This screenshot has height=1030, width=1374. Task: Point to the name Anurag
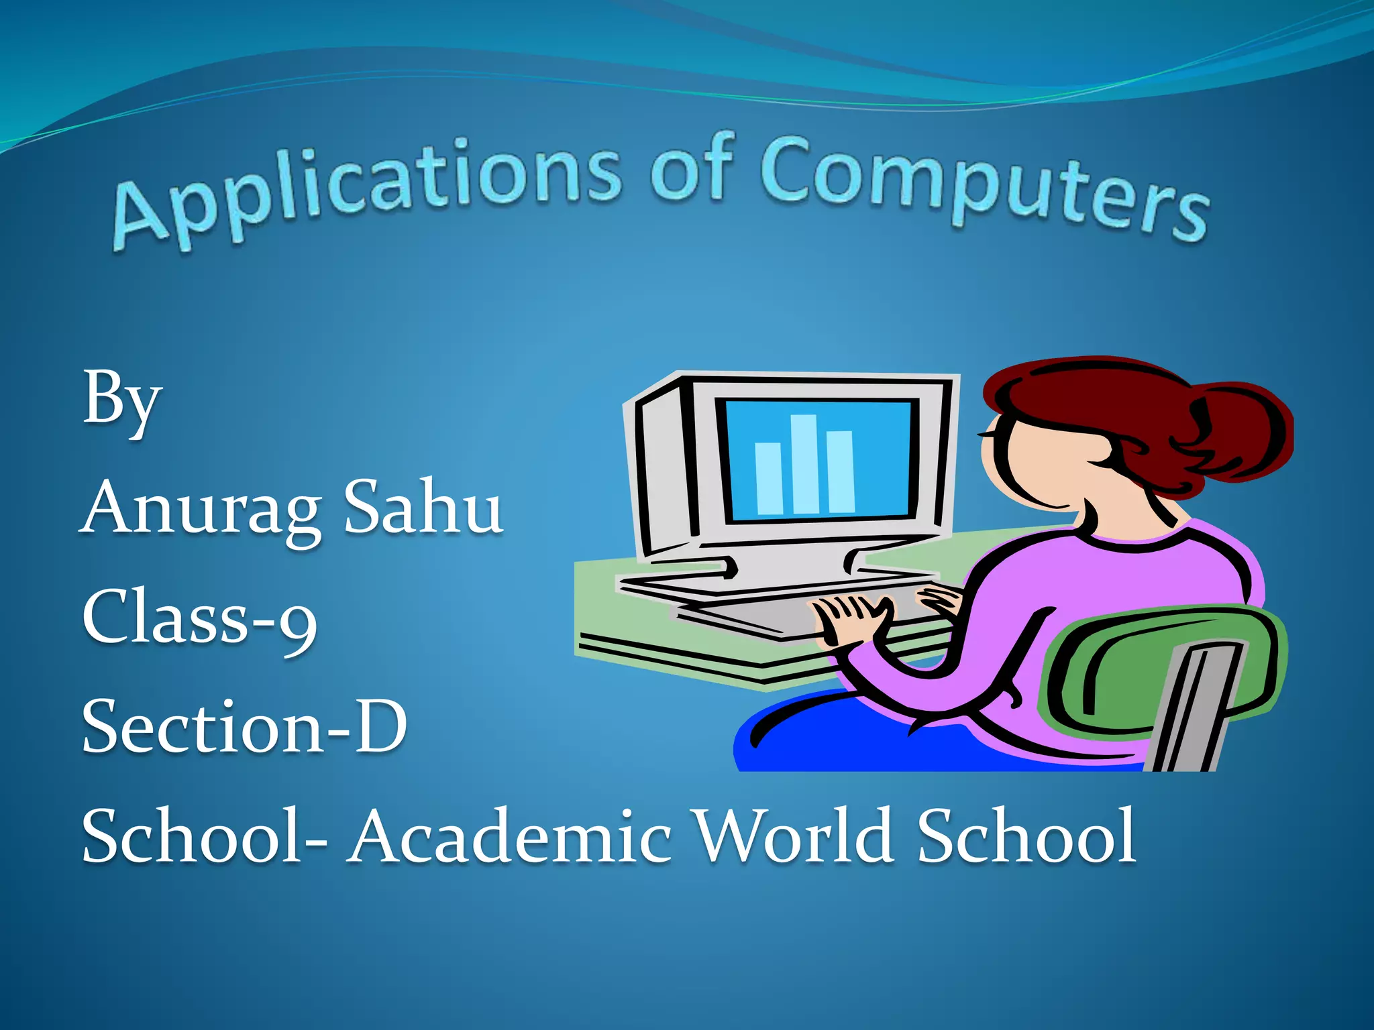pos(201,510)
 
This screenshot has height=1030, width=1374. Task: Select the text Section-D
pos(244,728)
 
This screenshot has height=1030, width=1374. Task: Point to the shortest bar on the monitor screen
pos(769,479)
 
